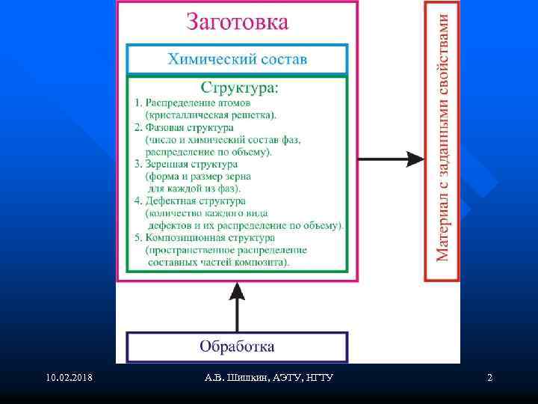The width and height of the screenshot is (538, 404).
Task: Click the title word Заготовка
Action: tap(236, 21)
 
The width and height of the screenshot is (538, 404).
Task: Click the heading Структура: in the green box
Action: tap(236, 88)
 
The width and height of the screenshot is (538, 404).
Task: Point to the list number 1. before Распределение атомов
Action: tap(137, 102)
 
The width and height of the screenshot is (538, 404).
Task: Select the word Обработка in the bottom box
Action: tap(237, 346)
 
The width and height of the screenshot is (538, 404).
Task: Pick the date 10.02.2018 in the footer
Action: tap(69, 378)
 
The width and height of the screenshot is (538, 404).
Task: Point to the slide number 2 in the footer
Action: tap(489, 378)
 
